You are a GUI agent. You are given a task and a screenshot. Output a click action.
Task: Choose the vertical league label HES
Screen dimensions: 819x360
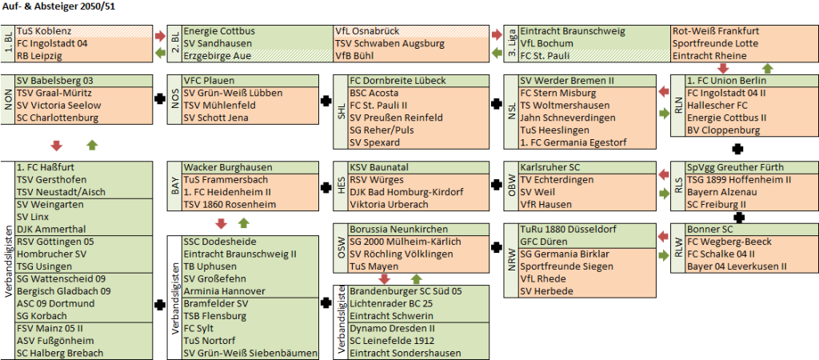tap(341, 186)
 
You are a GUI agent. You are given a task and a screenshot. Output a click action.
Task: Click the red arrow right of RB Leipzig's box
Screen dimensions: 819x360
tap(160, 35)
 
